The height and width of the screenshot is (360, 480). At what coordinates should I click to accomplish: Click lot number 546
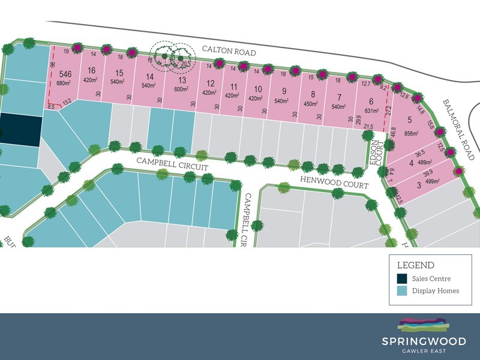tap(65, 74)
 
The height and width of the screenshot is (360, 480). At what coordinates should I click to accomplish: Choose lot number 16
tap(91, 71)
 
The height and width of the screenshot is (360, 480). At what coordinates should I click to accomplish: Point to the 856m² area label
tap(410, 133)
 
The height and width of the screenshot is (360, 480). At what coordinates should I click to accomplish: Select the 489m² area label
tap(419, 163)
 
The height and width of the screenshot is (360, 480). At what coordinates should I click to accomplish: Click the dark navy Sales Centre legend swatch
tap(401, 278)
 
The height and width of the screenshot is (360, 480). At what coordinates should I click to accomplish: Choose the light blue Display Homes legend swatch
tap(401, 291)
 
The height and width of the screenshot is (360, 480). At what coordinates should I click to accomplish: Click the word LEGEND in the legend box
tap(416, 265)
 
